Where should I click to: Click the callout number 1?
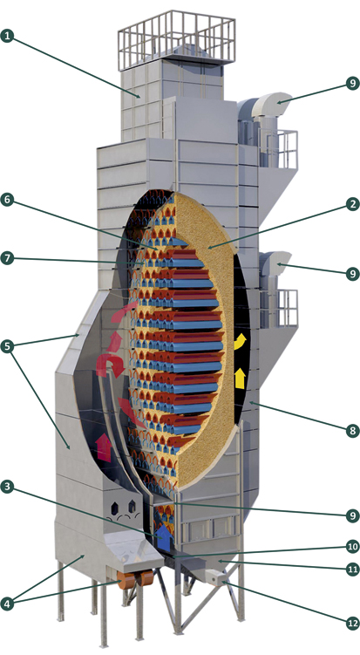[x=7, y=36]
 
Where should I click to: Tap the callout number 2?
[x=353, y=204]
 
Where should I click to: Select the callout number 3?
[x=7, y=487]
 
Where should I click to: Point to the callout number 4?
[x=7, y=603]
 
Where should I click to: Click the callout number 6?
[x=7, y=200]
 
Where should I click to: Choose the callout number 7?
[x=7, y=258]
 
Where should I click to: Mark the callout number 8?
[x=353, y=431]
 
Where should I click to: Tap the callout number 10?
[x=353, y=546]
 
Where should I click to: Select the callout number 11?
[x=353, y=569]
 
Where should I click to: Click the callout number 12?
[x=353, y=624]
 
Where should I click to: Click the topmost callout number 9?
[x=353, y=84]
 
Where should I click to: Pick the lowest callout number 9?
[x=353, y=515]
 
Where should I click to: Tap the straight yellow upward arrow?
[x=240, y=379]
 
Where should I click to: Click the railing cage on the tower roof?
[x=176, y=40]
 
